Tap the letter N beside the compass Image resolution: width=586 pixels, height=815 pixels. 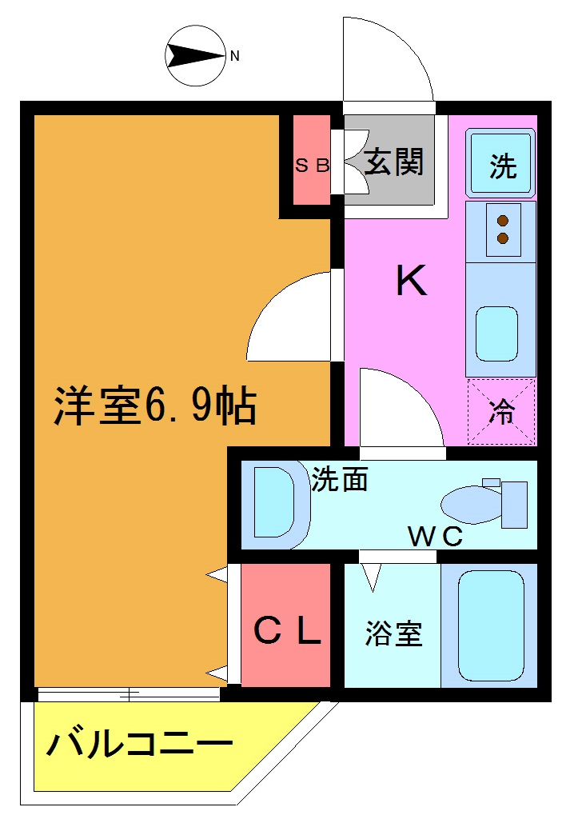(235, 56)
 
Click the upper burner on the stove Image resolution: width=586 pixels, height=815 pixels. (503, 222)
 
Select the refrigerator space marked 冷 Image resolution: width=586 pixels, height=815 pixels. (501, 412)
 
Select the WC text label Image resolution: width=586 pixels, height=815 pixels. (435, 537)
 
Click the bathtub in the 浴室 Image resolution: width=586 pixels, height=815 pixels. (491, 625)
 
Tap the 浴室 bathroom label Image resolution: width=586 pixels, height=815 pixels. (393, 633)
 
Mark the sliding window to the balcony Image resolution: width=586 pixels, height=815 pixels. (128, 694)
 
